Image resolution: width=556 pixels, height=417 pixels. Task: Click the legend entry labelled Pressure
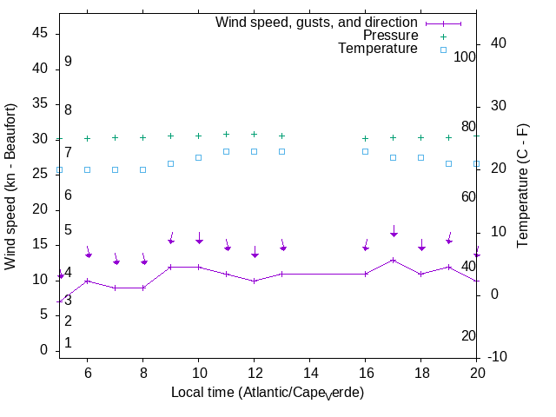pyautogui.click(x=390, y=36)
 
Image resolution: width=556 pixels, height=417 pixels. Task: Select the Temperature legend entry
pyautogui.click(x=378, y=49)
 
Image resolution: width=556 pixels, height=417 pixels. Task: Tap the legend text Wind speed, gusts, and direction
pyautogui.click(x=317, y=23)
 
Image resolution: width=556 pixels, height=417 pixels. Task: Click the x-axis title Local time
pyautogui.click(x=268, y=393)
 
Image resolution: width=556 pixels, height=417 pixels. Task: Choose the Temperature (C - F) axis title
pyautogui.click(x=524, y=184)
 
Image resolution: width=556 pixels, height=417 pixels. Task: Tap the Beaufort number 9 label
pyautogui.click(x=67, y=62)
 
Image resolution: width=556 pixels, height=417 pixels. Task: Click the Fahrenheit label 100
pyautogui.click(x=465, y=56)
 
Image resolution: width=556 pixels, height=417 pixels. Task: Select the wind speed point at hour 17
pyautogui.click(x=393, y=260)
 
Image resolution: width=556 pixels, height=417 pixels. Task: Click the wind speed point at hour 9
pyautogui.click(x=170, y=267)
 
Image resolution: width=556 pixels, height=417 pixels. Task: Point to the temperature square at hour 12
pyautogui.click(x=254, y=151)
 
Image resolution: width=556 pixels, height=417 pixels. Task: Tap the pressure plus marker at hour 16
pyautogui.click(x=365, y=138)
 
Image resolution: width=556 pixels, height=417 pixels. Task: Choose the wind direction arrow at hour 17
pyautogui.click(x=394, y=231)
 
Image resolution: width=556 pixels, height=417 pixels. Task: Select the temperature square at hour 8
pyautogui.click(x=142, y=169)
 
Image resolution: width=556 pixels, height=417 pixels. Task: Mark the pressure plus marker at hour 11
pyautogui.click(x=226, y=135)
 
